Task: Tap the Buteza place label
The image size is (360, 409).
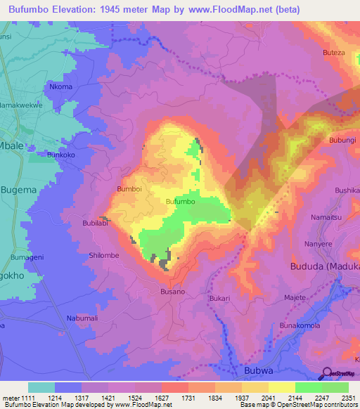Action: pyautogui.click(x=333, y=53)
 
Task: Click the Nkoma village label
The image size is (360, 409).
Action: pyautogui.click(x=60, y=86)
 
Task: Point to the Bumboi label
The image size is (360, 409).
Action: pyautogui.click(x=129, y=189)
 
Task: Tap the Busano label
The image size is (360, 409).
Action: pyautogui.click(x=172, y=291)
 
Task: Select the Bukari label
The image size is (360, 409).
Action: pyautogui.click(x=220, y=298)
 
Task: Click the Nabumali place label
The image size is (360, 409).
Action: pyautogui.click(x=82, y=318)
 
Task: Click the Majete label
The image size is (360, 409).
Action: pyautogui.click(x=295, y=297)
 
